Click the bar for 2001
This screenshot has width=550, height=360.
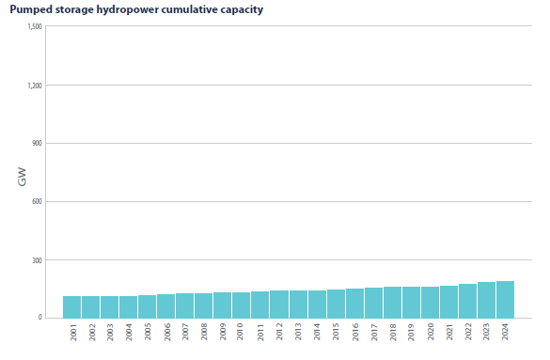pos(71,307)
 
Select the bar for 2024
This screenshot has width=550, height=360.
pos(505,300)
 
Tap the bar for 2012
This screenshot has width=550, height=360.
pos(279,305)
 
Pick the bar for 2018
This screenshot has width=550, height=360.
pos(392,303)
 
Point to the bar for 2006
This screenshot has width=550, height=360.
pos(165,306)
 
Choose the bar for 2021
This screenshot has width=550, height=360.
pos(449,302)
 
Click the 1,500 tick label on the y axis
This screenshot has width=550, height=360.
pos(35,26)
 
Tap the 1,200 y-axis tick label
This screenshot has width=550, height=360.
pos(35,86)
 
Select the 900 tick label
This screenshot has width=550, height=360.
pos(37,144)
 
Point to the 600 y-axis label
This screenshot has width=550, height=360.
pos(37,201)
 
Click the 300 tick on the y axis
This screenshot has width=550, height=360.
pos(37,260)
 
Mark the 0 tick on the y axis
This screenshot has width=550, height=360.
pos(40,318)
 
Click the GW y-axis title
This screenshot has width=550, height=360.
pos(22,177)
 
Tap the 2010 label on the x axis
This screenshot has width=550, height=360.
pos(240,332)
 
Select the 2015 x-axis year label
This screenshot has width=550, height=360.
pos(336,332)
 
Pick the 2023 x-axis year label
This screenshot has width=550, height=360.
pos(486,332)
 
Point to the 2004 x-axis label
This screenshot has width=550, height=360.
pos(129,332)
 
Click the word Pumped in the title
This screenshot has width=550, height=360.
pos(26,9)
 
